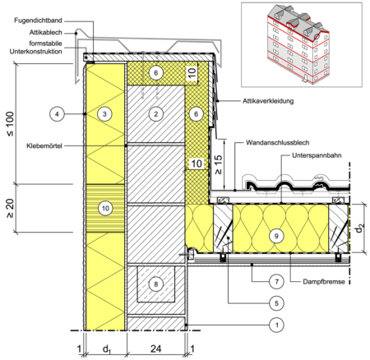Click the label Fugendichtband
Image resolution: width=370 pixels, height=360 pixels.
pos(38,21)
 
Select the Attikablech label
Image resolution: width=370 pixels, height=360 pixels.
pos(46,33)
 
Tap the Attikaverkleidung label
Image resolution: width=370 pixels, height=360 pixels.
pos(268,101)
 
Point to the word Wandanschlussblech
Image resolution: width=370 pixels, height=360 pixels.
pos(277,142)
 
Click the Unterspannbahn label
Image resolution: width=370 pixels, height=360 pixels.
pos(317,155)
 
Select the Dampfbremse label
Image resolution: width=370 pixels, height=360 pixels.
pos(324,282)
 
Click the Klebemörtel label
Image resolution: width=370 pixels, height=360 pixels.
pos(44,145)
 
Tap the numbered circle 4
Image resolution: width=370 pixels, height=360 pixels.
pos(57,114)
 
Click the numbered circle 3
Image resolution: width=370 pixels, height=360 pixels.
pos(104,114)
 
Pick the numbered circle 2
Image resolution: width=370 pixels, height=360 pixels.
pos(156,114)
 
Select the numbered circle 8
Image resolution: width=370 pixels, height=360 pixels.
pos(156,284)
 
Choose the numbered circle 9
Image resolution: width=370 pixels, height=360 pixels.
pos(276,236)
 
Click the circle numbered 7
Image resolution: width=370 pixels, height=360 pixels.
pos(276,281)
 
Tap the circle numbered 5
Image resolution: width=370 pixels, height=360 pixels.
pos(276,303)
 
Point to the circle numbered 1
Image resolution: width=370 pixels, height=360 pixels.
pos(276,325)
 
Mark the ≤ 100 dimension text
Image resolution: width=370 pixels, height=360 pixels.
pos(10,124)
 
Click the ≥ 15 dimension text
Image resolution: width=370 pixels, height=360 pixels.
pos(218,164)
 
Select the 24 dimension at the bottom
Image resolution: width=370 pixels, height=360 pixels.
pos(155,348)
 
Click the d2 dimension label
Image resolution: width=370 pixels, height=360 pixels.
pos(359,228)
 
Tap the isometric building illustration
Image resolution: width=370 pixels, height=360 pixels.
pos(298,44)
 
